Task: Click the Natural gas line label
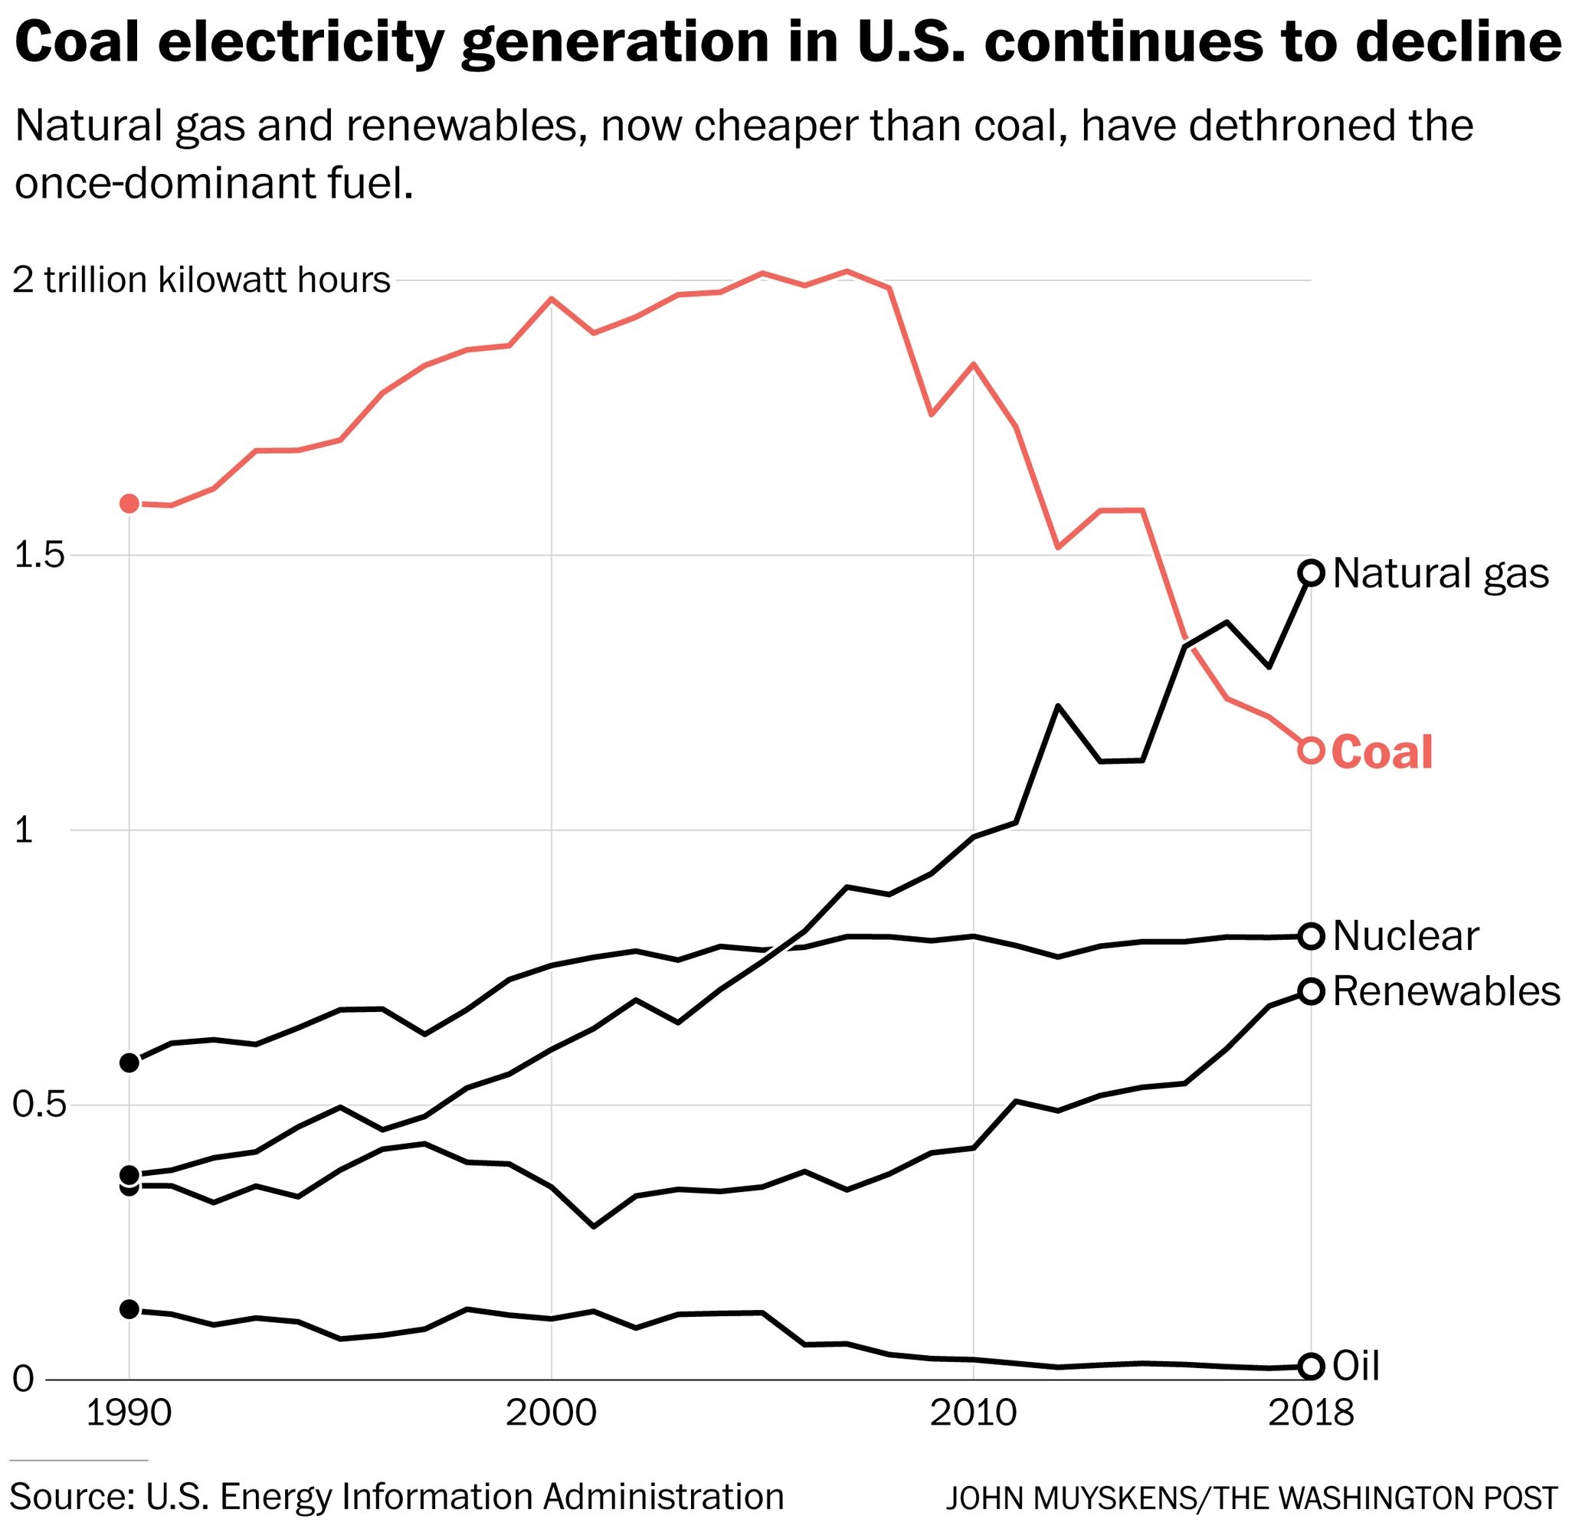[1440, 575]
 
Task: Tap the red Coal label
[1382, 752]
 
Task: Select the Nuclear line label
[1405, 936]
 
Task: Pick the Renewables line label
[1446, 992]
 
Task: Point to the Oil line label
[1356, 1366]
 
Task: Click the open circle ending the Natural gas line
[1312, 572]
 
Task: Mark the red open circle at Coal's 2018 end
[1312, 751]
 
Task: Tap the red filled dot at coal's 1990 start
[129, 503]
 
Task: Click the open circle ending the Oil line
[1312, 1365]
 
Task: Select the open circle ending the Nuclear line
[1312, 936]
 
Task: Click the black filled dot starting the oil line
[129, 1310]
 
